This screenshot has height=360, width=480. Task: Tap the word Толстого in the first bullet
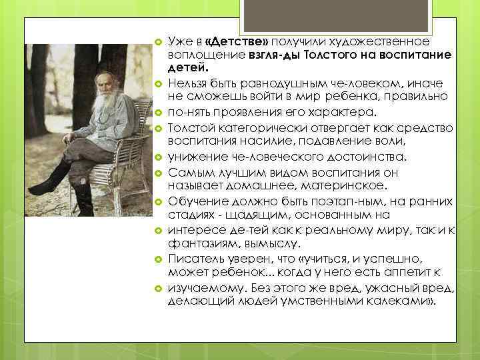pos(335,54)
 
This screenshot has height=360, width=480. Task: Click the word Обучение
pos(195,201)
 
